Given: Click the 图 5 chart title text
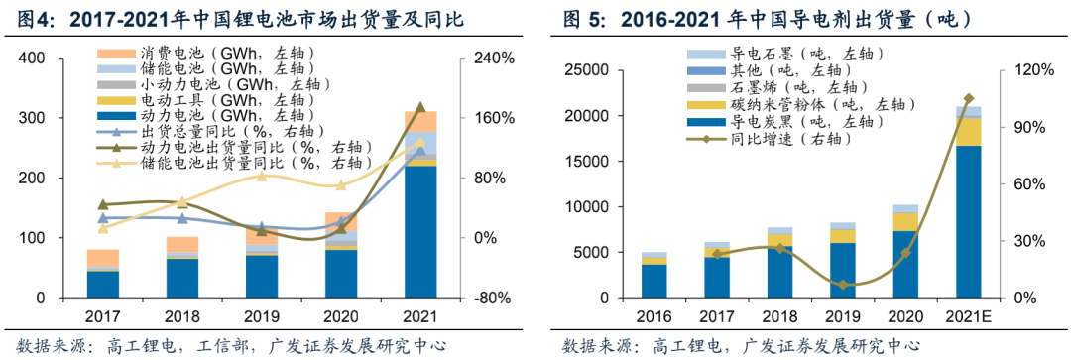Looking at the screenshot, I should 753,19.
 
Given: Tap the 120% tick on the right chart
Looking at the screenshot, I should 1028,70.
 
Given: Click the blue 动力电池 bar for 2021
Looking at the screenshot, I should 420,232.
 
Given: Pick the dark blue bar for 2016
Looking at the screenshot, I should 654,281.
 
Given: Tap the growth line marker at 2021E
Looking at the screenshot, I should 968,99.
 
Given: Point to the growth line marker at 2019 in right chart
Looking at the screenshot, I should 842,285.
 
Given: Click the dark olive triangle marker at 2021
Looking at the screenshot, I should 420,107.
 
